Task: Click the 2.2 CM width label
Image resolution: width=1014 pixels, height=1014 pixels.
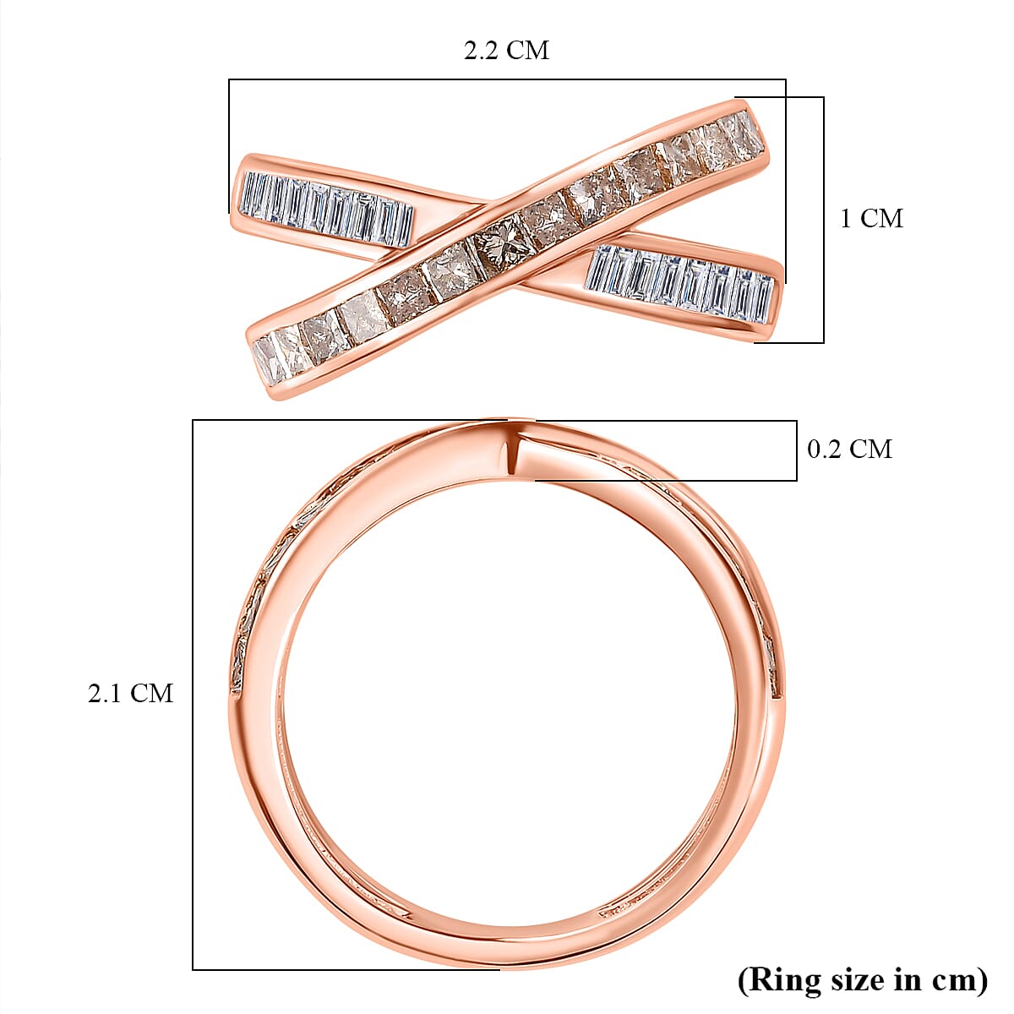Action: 506,51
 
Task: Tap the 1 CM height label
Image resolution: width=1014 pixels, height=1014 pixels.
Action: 870,219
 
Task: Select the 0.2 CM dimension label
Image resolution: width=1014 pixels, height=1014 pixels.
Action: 849,449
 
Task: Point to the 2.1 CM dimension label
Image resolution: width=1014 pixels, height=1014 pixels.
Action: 130,694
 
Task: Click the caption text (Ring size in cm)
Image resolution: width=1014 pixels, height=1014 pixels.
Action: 862,979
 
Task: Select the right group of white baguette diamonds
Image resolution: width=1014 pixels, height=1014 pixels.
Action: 681,282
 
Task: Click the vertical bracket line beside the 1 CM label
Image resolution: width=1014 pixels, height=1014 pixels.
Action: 823,220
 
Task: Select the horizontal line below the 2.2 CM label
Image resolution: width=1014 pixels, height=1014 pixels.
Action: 507,79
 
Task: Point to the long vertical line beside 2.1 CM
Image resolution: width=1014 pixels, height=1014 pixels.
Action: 194,693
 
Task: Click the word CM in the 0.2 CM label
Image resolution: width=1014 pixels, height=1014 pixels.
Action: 872,449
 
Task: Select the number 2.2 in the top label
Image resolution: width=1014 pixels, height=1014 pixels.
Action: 482,51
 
